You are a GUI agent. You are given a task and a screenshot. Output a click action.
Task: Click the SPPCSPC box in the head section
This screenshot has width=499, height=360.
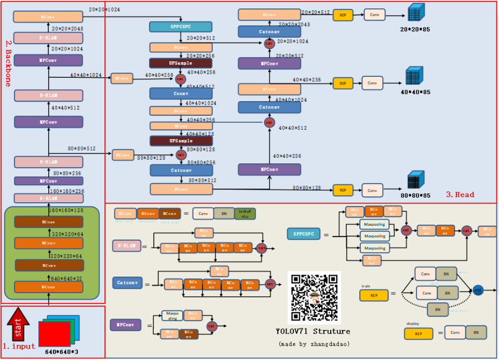(x=181, y=26)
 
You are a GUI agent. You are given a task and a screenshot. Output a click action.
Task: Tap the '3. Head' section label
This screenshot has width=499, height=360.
(x=460, y=195)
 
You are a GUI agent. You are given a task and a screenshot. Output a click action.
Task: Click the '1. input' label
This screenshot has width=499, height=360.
(x=19, y=345)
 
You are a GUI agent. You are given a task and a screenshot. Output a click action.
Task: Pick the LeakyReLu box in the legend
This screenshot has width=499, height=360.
(x=245, y=213)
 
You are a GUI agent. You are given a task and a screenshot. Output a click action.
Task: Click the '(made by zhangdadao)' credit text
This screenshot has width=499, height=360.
(x=314, y=344)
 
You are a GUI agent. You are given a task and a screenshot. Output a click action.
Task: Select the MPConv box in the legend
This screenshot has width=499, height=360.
(x=125, y=325)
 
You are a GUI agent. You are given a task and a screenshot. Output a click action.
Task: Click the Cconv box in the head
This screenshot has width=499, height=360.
(x=181, y=93)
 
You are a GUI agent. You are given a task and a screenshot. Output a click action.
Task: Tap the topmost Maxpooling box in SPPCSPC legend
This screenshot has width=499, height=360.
(x=374, y=224)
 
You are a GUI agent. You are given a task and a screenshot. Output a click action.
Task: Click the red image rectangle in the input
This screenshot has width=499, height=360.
(x=54, y=333)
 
